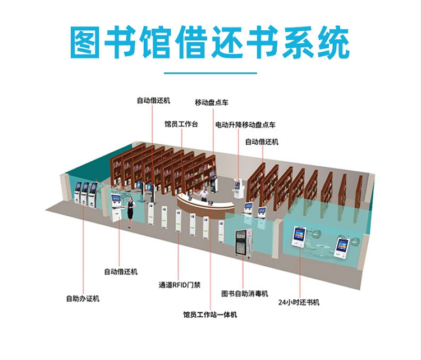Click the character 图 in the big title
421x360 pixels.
pos(85,42)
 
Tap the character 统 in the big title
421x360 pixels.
pos(334,42)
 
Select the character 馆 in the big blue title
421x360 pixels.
pos(156,42)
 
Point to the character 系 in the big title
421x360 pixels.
pos(298,42)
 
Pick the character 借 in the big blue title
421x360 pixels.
pos(192,42)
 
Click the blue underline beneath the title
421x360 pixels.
pos(210,73)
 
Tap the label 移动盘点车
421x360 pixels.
pos(212,103)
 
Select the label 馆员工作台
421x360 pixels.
pos(181,124)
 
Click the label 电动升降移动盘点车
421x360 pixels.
pos(245,125)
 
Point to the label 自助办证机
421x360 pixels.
pos(83,298)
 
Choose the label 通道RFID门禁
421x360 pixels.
pos(180,285)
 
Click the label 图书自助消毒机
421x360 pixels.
pos(245,294)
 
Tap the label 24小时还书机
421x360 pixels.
pos(299,303)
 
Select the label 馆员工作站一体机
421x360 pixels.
pos(210,315)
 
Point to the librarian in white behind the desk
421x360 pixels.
pos(204,194)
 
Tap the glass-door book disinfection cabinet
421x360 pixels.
pos(244,244)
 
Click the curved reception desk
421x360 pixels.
pos(205,206)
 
